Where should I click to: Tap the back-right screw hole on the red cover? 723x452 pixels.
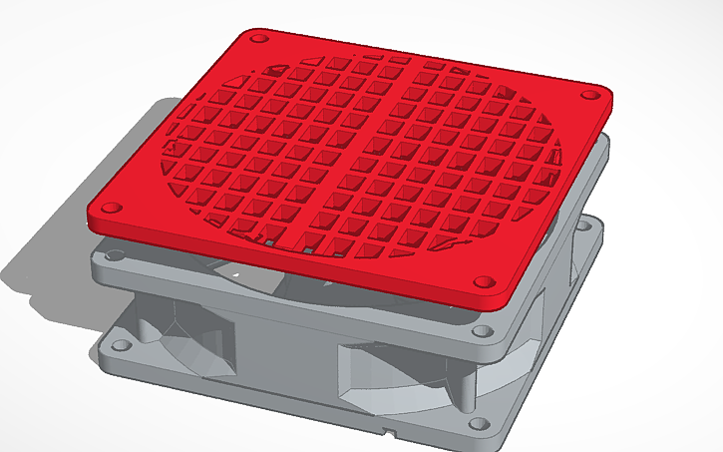589,95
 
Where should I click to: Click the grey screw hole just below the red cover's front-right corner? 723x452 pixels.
483,330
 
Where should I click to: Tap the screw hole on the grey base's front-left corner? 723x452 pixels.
121,345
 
